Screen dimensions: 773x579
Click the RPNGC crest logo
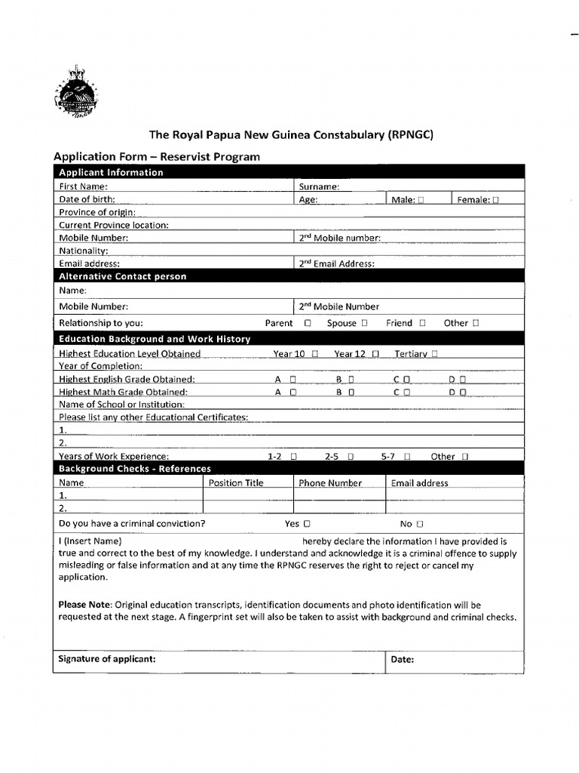75,93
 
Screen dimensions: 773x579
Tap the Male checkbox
421,200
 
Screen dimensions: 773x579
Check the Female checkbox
495,200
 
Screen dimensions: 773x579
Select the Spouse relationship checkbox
364,323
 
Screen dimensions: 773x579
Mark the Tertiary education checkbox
435,354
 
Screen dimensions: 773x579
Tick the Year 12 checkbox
375,354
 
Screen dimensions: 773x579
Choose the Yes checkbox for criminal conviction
307,524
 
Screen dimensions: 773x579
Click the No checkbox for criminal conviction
420,524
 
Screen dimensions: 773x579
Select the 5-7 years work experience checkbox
406,457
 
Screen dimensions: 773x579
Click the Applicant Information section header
111,172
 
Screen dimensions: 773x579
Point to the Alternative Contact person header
122,276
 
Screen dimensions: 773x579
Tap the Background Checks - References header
135,469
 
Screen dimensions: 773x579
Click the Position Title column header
236,483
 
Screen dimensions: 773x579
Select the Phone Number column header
329,483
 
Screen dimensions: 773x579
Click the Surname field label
319,186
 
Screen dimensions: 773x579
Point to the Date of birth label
87,199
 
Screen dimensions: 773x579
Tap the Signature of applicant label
107,659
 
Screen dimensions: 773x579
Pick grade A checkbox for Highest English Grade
293,380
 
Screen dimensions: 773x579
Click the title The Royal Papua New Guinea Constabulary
291,135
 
